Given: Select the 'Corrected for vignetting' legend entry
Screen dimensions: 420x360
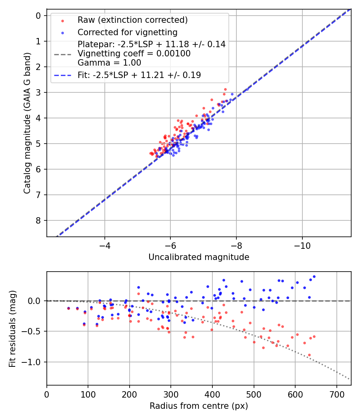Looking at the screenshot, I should point(128,32).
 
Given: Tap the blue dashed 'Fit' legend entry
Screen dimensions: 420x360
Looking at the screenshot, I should point(139,75).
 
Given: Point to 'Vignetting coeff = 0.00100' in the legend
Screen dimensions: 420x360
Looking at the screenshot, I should point(134,54).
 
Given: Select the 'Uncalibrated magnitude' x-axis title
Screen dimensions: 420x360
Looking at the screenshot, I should point(199,257).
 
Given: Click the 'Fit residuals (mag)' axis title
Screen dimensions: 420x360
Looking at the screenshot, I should point(13,329).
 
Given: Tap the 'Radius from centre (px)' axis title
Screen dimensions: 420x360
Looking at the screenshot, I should point(199,406).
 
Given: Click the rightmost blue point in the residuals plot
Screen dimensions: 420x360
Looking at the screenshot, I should point(314,276).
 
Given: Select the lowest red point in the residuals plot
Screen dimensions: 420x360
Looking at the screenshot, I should point(309,355).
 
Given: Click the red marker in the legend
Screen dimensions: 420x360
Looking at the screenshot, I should point(62,20).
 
